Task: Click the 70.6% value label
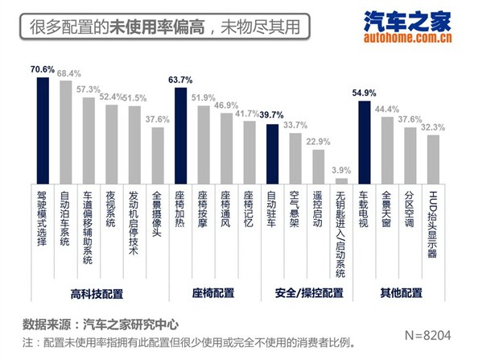[x=43, y=69]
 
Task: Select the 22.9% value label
[x=319, y=142]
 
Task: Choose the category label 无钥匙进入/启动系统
[x=342, y=234]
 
